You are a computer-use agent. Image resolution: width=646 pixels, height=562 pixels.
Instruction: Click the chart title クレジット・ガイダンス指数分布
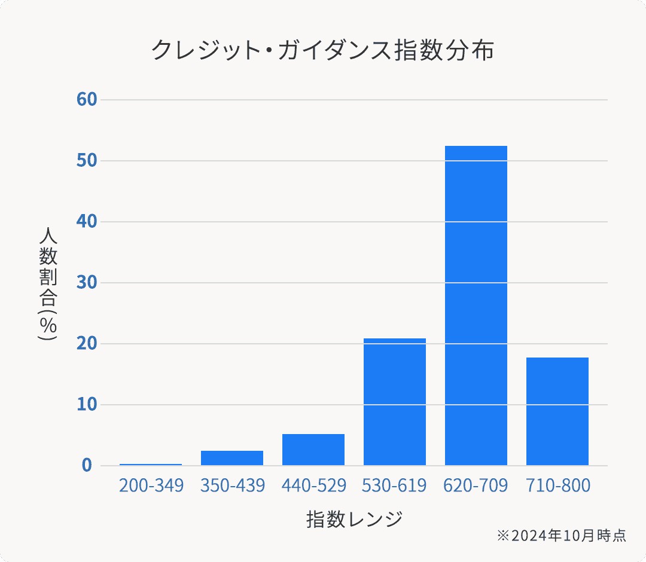pos(322,50)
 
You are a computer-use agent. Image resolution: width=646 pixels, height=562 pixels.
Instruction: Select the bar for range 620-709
pos(476,305)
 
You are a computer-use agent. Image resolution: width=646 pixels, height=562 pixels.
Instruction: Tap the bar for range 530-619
pos(395,402)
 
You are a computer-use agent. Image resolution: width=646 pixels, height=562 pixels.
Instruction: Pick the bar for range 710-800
pos(557,411)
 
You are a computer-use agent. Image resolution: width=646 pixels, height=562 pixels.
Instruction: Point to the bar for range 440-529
pos(313,450)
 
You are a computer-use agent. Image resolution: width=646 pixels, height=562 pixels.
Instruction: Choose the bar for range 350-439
pos(232,458)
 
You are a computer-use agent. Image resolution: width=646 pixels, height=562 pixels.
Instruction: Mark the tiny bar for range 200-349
pos(151,465)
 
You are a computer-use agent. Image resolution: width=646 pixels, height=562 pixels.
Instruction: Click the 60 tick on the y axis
pos(87,99)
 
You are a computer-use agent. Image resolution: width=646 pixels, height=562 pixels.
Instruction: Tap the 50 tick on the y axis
pos(87,160)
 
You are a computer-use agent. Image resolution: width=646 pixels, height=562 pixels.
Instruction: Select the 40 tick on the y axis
pos(87,221)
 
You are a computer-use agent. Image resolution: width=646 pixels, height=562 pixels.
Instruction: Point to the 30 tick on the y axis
pos(87,282)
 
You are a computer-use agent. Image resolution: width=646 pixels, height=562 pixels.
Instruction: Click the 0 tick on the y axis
pos(87,465)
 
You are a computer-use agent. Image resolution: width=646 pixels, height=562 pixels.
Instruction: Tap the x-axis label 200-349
pos(151,485)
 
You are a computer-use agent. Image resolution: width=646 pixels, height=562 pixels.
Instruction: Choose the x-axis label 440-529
pos(313,485)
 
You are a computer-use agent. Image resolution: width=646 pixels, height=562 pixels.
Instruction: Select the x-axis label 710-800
pos(557,485)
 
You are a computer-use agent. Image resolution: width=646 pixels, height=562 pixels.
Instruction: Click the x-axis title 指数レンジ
pos(354,519)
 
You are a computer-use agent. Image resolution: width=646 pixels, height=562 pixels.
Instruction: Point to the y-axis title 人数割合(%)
pos(48,283)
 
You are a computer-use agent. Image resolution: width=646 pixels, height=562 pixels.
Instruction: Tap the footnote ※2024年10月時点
pos(561,536)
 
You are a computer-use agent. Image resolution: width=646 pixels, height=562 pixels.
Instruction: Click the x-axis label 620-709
pos(476,485)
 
